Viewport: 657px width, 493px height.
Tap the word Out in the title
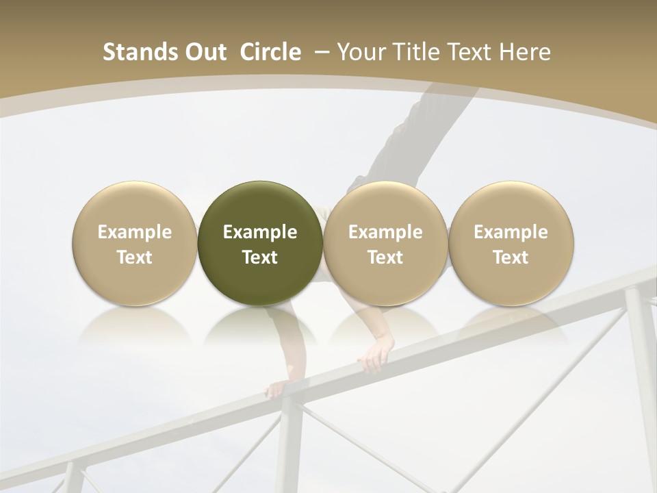(204, 53)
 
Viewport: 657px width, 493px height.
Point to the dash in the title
(322, 53)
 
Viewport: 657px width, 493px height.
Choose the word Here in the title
(525, 53)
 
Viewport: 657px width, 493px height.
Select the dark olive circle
(260, 243)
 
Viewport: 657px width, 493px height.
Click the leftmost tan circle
(135, 243)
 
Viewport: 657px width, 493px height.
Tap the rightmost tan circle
(511, 243)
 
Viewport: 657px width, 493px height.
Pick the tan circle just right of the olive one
(385, 243)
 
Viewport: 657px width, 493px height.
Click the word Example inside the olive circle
(260, 232)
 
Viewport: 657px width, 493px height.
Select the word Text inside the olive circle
(260, 257)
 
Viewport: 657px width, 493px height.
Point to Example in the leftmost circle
(135, 232)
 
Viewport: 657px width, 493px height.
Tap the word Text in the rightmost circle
(511, 257)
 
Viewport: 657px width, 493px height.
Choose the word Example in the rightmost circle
(511, 232)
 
